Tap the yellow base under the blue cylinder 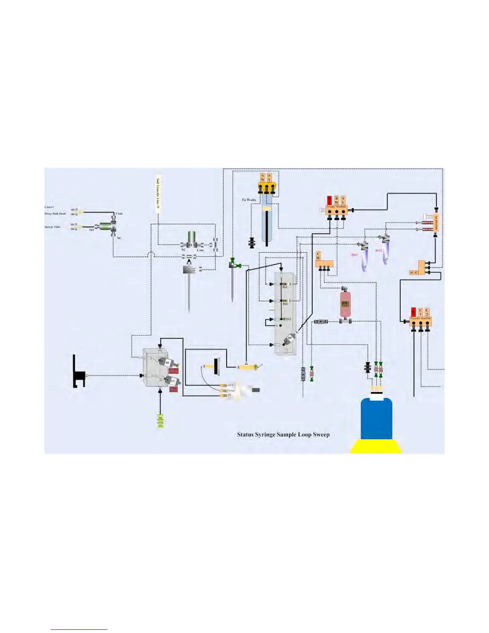pos(376,446)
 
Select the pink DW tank pos(345,304)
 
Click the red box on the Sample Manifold pos(330,200)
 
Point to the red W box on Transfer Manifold pos(413,312)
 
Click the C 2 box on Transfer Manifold pos(427,312)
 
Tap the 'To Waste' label pos(249,200)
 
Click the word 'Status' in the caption pos(245,434)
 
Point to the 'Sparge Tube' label pos(52,227)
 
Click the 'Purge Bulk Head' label pos(55,214)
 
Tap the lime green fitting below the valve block pos(161,421)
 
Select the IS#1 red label pos(354,255)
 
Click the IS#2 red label pos(378,251)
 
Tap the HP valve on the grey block pos(289,339)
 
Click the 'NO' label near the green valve pos(91,230)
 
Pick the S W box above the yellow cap pos(262,177)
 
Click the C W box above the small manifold pos(318,256)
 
